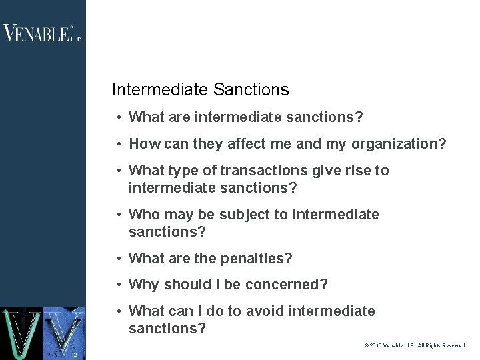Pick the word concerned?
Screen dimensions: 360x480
(287, 285)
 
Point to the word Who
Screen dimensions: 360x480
(143, 215)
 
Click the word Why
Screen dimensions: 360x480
(143, 285)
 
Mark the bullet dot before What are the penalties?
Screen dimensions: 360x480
(118, 259)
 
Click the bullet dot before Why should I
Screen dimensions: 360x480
(118, 285)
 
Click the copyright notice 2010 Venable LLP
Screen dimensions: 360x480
(415, 346)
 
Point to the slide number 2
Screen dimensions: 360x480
(76, 354)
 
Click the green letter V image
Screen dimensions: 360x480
(21, 333)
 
